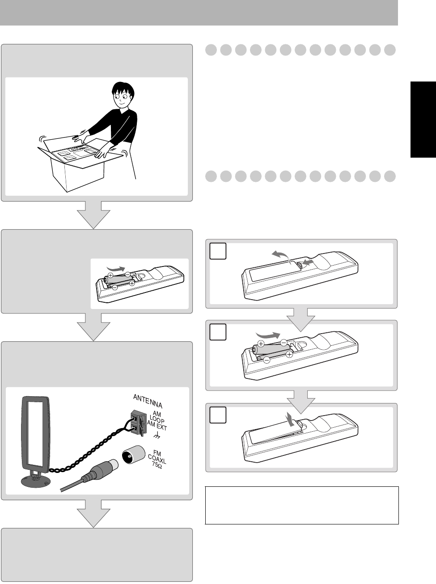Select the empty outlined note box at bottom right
(x=301, y=505)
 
